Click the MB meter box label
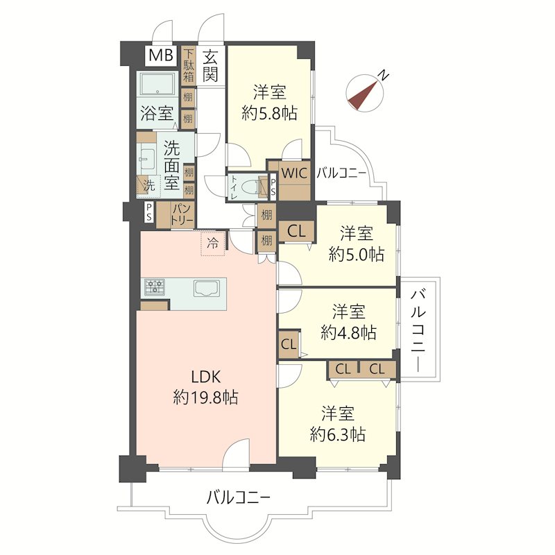161,55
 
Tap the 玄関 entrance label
210,66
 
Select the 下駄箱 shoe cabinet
188,66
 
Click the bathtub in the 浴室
157,84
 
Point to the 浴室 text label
157,113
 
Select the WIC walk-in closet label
294,173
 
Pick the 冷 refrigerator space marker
213,244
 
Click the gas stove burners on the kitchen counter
155,287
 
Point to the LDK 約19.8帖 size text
205,387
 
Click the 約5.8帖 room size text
269,113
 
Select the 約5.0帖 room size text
357,254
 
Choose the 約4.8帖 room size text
348,333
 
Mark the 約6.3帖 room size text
338,434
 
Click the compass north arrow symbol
366,93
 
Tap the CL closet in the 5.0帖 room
297,232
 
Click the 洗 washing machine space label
149,185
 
